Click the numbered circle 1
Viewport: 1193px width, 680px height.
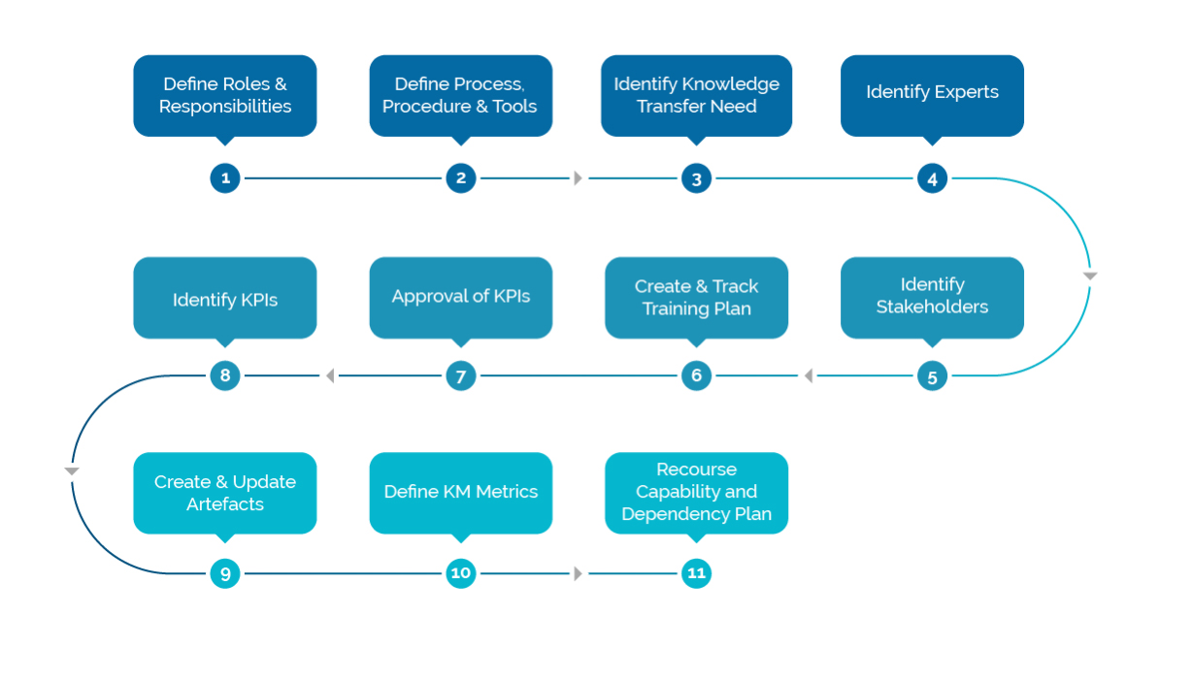(225, 178)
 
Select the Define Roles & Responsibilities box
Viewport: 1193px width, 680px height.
(225, 95)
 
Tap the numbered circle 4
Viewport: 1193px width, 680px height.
(932, 178)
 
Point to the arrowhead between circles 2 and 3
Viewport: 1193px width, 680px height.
(579, 178)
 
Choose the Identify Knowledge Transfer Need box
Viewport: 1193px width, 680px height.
(696, 95)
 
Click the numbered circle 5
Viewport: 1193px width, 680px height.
(932, 376)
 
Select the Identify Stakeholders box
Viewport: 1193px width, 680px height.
(932, 297)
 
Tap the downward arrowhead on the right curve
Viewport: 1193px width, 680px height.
(1089, 276)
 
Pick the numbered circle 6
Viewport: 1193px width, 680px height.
(696, 376)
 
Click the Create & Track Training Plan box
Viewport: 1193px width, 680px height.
(696, 297)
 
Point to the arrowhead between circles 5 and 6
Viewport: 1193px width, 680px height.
(809, 376)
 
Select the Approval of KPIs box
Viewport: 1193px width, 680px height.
(461, 297)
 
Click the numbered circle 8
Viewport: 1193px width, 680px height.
(225, 376)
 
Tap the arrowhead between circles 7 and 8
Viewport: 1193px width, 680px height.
(330, 376)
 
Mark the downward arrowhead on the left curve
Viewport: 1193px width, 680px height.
(72, 471)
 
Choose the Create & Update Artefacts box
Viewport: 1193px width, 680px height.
(225, 493)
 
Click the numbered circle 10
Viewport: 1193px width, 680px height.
(461, 573)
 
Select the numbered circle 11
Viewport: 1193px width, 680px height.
(696, 573)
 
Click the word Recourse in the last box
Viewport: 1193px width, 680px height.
(696, 470)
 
